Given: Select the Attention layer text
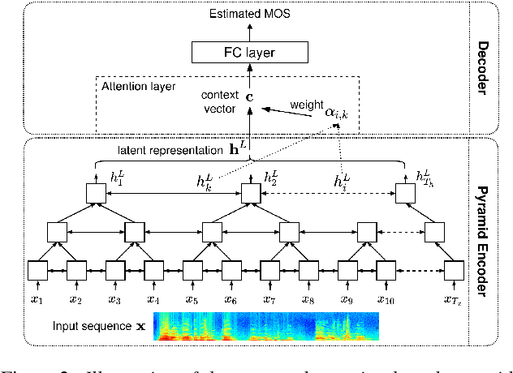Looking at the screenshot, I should (131, 84).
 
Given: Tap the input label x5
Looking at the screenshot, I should (192, 301).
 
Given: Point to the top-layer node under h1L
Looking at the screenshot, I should (95, 193).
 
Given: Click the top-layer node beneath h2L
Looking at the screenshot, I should (249, 193).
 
